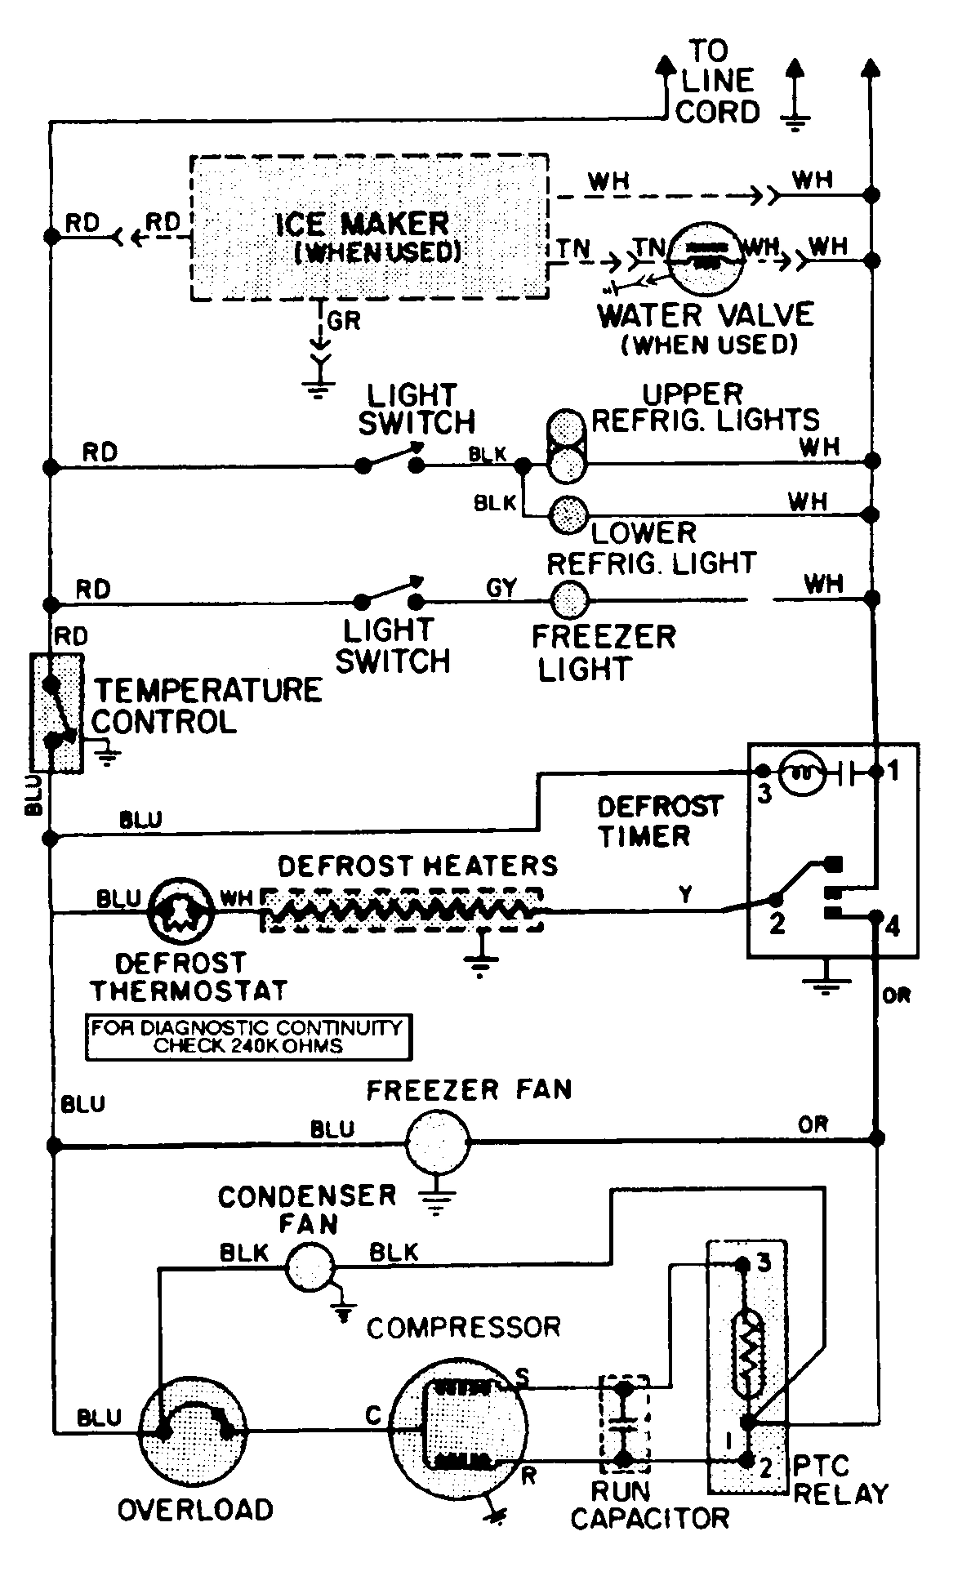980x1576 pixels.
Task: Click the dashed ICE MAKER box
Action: (369, 226)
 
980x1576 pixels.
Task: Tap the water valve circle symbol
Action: (704, 258)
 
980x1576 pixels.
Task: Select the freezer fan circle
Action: (439, 1143)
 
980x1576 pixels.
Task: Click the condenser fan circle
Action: (310, 1267)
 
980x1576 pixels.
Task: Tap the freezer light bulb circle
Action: (570, 602)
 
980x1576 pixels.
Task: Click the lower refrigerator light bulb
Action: (569, 514)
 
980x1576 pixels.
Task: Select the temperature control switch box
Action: (56, 711)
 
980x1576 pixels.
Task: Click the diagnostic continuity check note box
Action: (248, 1037)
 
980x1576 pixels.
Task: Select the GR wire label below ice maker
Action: (343, 321)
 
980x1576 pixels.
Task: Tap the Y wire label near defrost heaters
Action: (686, 894)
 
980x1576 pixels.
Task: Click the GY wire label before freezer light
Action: (501, 587)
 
